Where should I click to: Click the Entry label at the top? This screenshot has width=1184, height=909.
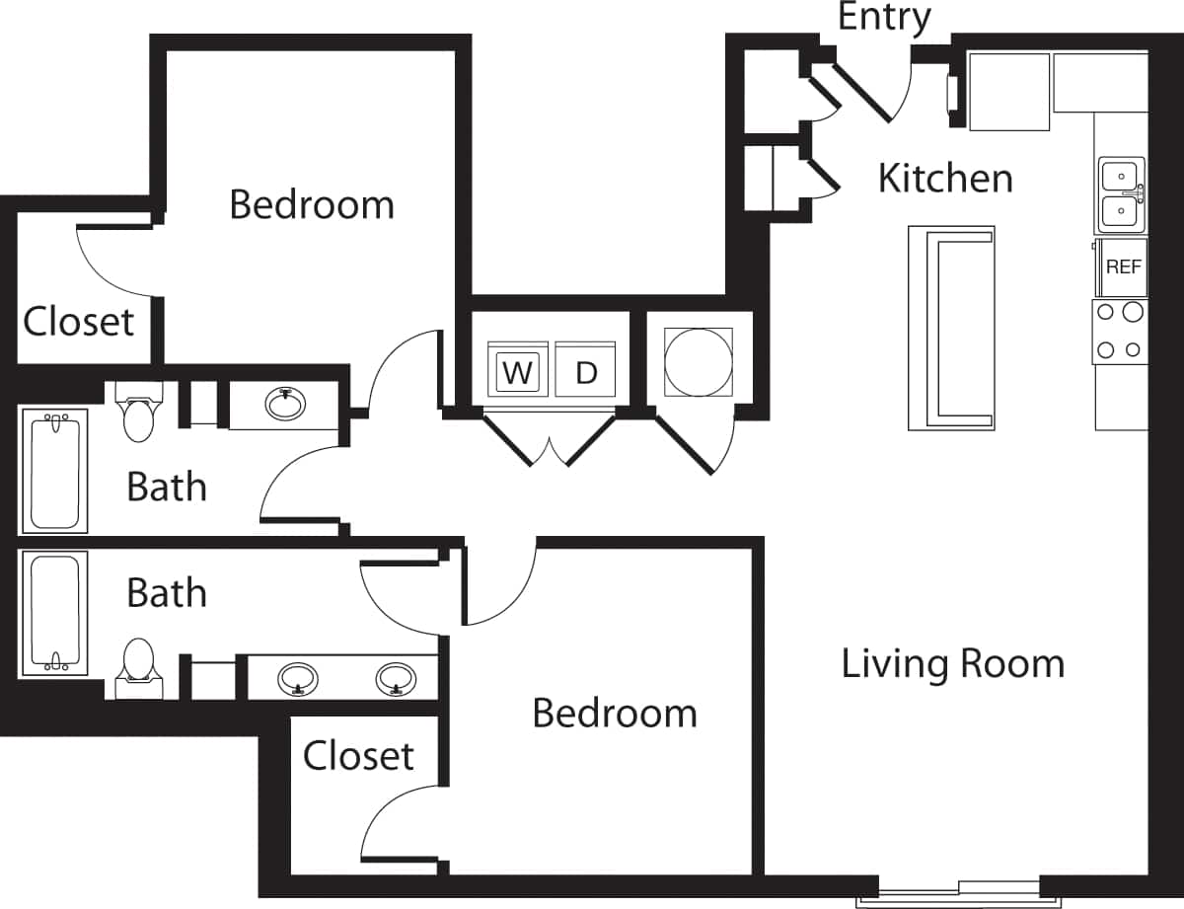click(884, 18)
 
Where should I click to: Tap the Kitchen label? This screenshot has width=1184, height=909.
click(944, 179)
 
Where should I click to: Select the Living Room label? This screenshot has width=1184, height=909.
click(952, 663)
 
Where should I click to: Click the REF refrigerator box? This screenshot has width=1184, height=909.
click(1123, 266)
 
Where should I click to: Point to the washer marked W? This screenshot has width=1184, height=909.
click(517, 371)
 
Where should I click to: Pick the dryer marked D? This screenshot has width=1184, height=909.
click(586, 371)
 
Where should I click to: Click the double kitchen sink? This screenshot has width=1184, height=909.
click(1122, 194)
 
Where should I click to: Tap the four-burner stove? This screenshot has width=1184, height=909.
click(1120, 332)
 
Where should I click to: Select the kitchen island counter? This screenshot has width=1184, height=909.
click(950, 328)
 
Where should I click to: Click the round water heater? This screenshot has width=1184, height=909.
click(699, 361)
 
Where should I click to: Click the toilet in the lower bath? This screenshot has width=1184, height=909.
click(137, 664)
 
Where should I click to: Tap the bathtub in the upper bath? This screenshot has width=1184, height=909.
click(54, 470)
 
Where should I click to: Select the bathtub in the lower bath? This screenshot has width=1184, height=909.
click(54, 613)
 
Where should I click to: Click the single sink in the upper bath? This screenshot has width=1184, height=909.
click(285, 403)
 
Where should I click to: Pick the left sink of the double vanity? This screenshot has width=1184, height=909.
click(298, 678)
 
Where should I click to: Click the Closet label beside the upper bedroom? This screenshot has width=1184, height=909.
click(79, 321)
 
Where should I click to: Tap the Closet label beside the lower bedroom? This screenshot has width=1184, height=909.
click(357, 756)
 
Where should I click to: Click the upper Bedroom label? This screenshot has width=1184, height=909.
click(311, 204)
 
